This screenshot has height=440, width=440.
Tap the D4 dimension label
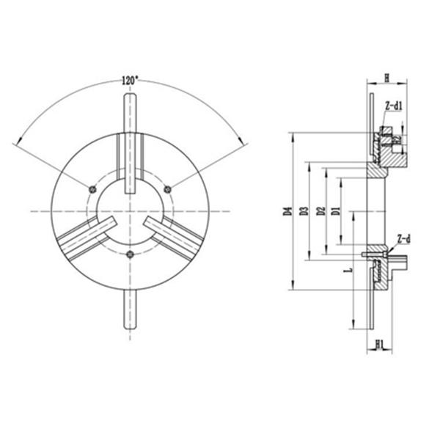click(287, 213)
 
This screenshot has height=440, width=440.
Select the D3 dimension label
click(303, 213)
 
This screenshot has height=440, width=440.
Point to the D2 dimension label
click(320, 213)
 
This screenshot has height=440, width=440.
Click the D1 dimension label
click(335, 213)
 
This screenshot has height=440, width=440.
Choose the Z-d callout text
click(404, 238)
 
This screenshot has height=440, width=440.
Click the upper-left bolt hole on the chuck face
click(92, 189)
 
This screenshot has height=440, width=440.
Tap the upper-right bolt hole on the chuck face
click(169, 189)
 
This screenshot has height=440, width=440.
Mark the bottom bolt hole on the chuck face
click(131, 255)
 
